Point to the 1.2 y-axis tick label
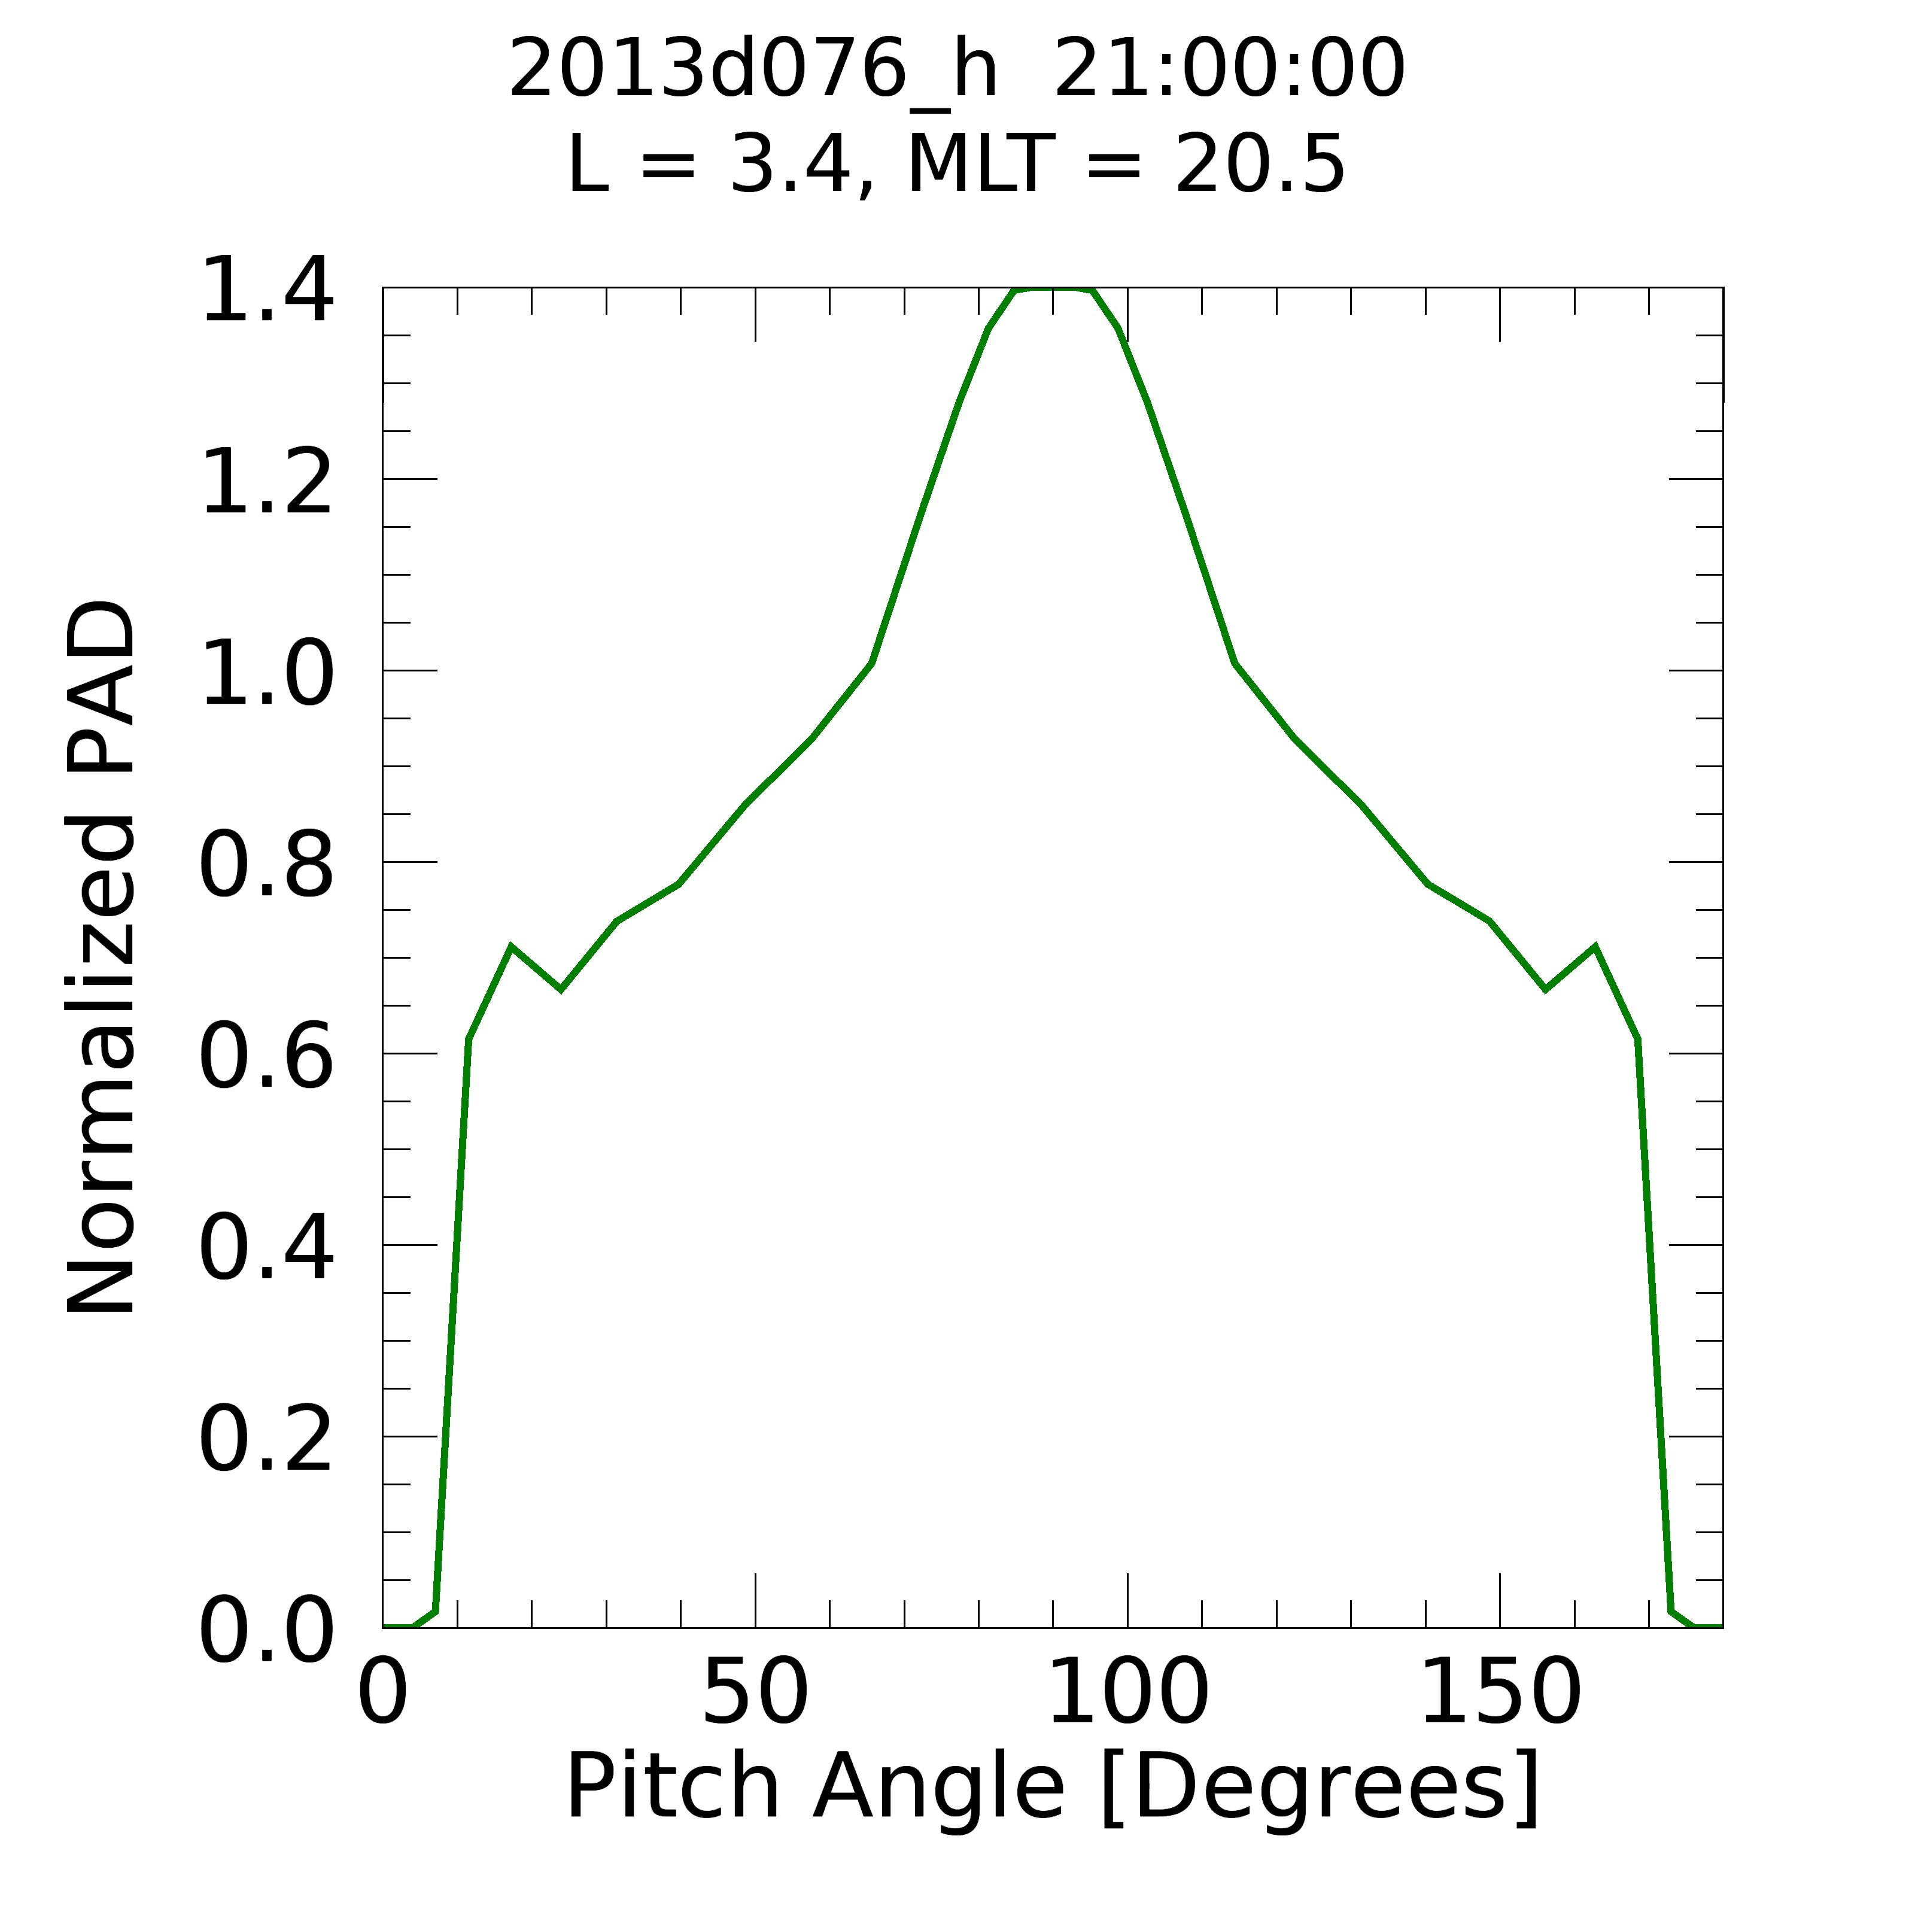tap(266, 483)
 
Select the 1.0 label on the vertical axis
tap(266, 675)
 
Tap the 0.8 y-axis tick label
tap(266, 867)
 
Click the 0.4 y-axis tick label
tap(266, 1251)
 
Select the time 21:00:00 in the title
tap(1229, 69)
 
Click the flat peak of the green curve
tap(1053, 290)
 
